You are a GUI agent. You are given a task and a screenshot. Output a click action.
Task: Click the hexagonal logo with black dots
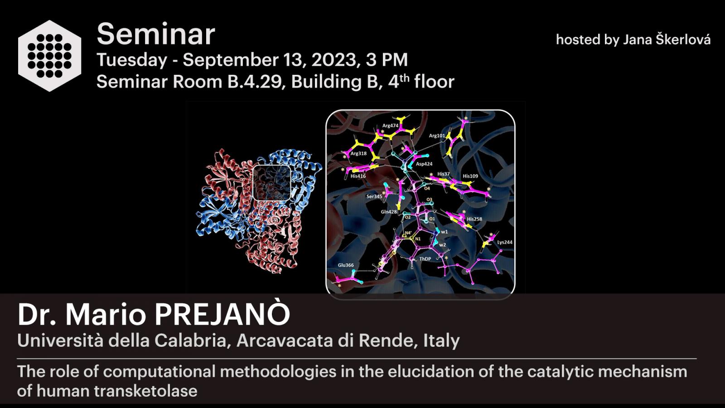click(x=49, y=56)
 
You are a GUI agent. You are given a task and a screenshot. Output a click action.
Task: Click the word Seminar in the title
click(x=156, y=34)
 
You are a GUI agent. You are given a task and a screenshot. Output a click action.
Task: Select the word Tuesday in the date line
click(x=132, y=60)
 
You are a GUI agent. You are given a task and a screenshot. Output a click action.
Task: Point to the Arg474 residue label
click(x=390, y=126)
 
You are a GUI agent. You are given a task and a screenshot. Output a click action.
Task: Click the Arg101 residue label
click(x=437, y=136)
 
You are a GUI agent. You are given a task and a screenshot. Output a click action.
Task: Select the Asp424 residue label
click(x=424, y=164)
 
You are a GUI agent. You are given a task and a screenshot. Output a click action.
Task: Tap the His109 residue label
click(x=470, y=176)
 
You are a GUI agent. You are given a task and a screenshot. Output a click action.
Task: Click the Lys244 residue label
click(x=505, y=242)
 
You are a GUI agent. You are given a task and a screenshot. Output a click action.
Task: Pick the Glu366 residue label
click(x=346, y=265)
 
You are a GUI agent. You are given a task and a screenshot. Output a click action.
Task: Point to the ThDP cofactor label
click(x=425, y=259)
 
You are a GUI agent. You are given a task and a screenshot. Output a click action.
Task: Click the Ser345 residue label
click(x=374, y=196)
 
